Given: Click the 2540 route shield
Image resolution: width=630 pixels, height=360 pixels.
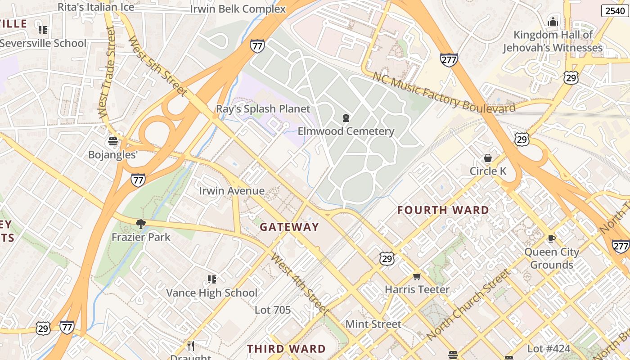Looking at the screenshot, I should [x=615, y=11].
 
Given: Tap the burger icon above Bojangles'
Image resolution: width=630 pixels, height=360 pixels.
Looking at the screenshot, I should [x=113, y=141].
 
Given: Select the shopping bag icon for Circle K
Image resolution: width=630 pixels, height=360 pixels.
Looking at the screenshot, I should [x=488, y=158].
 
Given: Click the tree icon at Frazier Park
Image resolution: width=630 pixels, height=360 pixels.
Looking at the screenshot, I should [x=141, y=224].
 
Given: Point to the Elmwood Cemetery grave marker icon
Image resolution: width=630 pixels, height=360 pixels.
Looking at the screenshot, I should [x=346, y=118].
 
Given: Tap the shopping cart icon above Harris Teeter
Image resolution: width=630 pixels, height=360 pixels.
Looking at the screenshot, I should [x=417, y=276].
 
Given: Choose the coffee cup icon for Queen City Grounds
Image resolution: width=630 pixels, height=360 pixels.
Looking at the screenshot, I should [x=552, y=238].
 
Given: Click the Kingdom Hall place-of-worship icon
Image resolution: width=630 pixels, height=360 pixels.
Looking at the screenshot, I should [x=553, y=21].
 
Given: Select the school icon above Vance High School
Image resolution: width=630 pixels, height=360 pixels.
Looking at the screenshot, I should [x=212, y=279].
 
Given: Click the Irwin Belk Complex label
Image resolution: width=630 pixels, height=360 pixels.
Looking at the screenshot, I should [x=238, y=9].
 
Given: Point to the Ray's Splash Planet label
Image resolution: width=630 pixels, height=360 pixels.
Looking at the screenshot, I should [x=263, y=109].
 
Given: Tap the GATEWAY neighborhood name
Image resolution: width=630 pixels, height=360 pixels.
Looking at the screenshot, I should [x=289, y=227].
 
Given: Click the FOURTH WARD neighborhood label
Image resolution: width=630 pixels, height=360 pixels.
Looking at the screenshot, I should [x=443, y=210].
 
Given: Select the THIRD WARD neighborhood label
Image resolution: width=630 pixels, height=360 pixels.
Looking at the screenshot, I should [x=286, y=349].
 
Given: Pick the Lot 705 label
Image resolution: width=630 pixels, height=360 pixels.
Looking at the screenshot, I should [x=273, y=310].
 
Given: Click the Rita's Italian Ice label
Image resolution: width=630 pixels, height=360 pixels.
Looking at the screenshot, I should [x=96, y=7].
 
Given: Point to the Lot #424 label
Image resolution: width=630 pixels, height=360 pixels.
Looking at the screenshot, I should [x=549, y=349].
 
